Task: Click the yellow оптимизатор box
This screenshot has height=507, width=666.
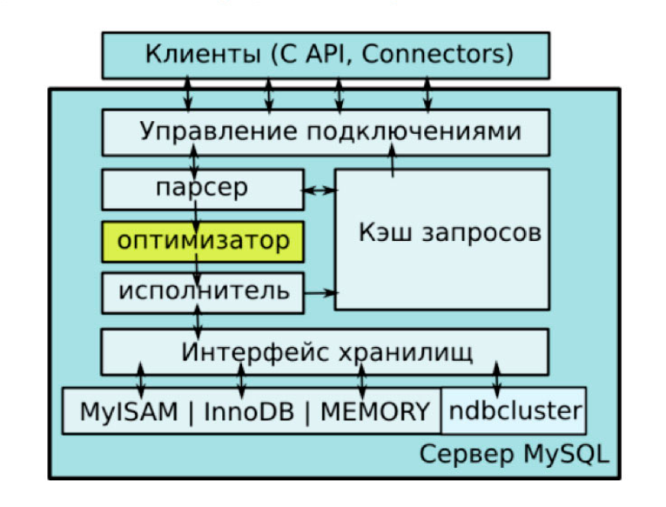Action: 203,242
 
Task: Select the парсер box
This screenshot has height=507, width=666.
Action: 203,189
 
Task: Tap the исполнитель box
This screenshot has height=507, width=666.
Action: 203,291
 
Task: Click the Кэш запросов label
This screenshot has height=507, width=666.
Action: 449,234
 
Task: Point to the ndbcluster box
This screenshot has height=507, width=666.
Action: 514,410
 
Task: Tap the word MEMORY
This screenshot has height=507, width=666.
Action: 375,411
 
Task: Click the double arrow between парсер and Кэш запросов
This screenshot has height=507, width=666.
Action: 320,190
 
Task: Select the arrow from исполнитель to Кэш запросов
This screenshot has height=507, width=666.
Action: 320,292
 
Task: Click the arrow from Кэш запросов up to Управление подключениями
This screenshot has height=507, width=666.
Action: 393,162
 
